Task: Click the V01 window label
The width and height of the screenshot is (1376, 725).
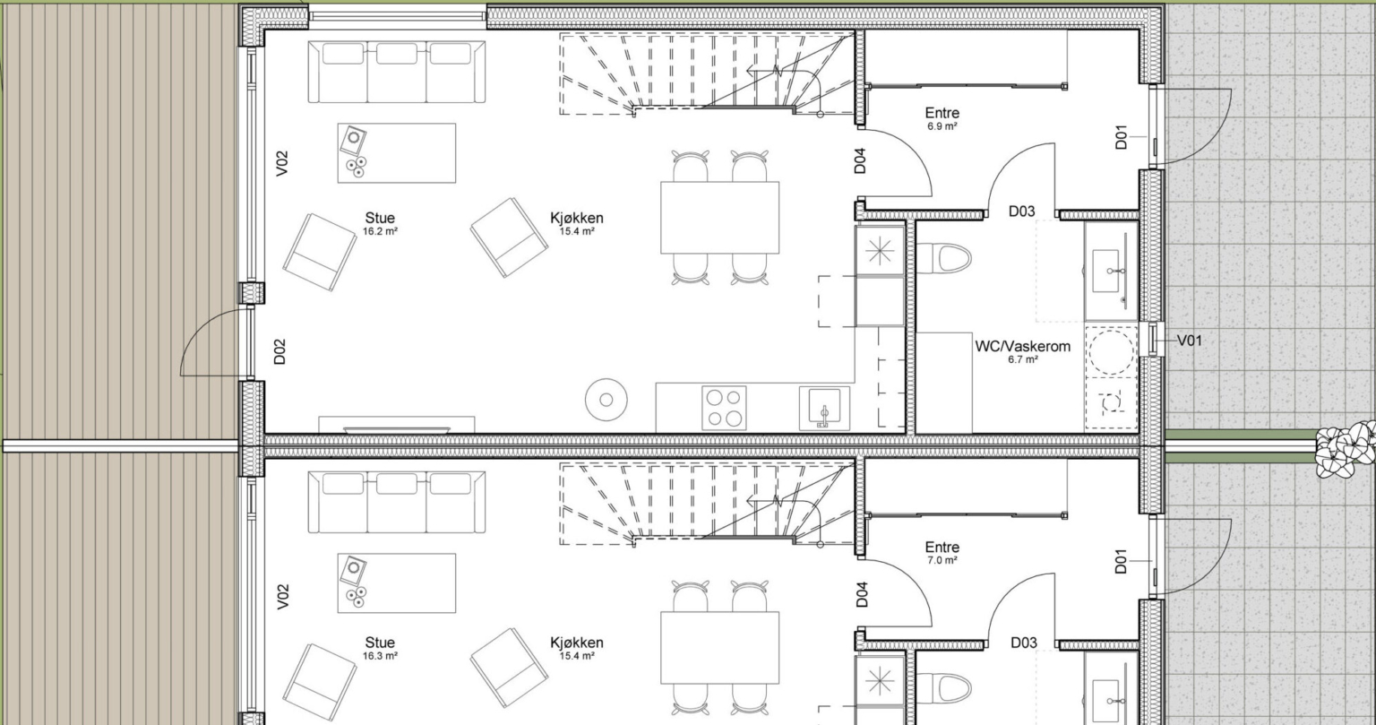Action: (1190, 341)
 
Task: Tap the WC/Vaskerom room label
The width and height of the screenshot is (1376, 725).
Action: (1023, 347)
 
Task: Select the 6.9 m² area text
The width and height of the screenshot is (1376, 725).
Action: (942, 126)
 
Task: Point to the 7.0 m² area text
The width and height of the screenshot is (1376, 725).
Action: (942, 560)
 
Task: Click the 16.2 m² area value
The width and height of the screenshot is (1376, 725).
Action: (380, 231)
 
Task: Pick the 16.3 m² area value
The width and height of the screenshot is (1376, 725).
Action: (380, 656)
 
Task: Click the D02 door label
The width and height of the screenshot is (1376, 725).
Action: (280, 351)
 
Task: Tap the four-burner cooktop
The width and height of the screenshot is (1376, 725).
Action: (724, 408)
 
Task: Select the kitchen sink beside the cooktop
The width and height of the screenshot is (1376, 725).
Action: (824, 408)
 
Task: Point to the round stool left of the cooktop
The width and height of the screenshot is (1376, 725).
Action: (606, 400)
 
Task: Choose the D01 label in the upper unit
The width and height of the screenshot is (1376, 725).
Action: (1122, 137)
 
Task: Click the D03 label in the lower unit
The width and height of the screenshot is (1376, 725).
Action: (1023, 643)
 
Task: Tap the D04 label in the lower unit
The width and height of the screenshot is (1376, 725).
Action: (862, 595)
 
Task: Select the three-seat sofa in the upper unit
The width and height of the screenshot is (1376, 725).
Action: (396, 72)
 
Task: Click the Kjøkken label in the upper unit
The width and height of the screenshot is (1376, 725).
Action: (577, 218)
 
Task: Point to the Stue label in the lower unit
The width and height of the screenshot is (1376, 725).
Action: (380, 643)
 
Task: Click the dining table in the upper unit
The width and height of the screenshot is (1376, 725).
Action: (720, 218)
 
